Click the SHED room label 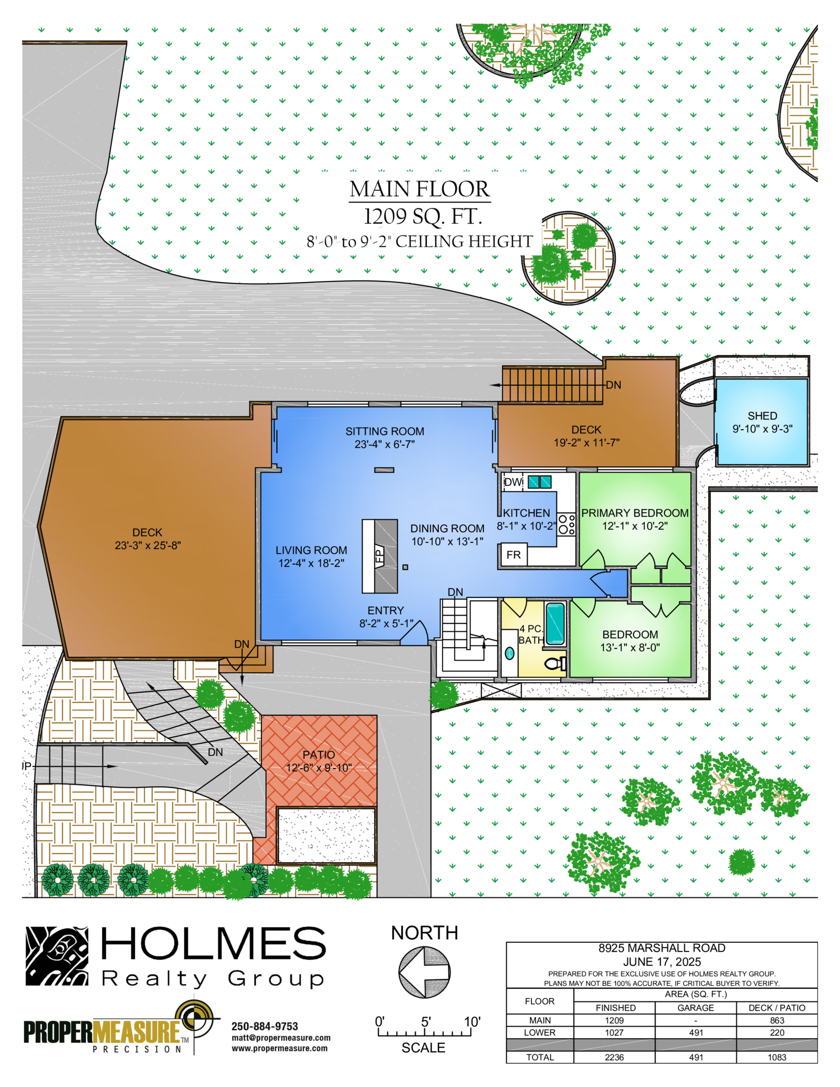tap(762, 416)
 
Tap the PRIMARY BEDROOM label tap(635, 513)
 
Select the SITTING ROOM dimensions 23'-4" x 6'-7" tap(385, 445)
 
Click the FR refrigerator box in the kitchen tap(513, 555)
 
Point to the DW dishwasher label tap(513, 482)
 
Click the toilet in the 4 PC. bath tap(556, 663)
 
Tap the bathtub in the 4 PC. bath tap(555, 624)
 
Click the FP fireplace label tap(380, 556)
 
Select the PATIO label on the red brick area tap(319, 754)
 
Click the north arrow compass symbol tap(424, 972)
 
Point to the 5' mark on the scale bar tap(426, 1021)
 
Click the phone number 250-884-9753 tap(265, 1026)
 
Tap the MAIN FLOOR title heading tap(419, 189)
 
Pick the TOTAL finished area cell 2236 tap(614, 1057)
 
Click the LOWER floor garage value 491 tap(696, 1032)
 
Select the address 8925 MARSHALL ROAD tap(661, 948)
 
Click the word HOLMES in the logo tap(213, 943)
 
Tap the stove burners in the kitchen tap(566, 524)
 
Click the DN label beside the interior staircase tap(455, 592)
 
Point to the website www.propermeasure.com tap(280, 1048)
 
